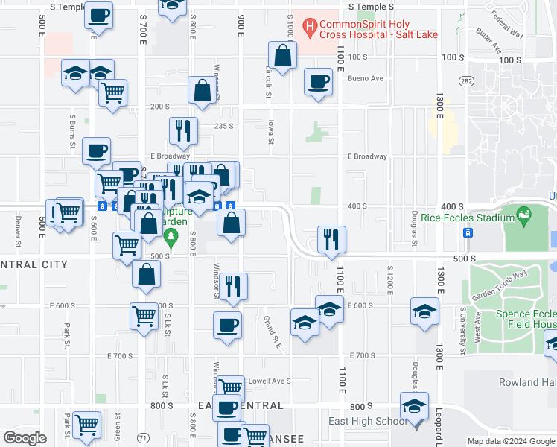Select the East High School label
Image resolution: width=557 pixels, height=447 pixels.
click(368, 422)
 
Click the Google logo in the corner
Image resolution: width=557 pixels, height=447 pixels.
click(25, 437)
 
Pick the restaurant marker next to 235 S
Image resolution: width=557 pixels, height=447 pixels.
click(183, 131)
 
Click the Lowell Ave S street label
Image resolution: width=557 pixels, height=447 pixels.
click(269, 381)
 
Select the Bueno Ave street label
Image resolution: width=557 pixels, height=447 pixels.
click(366, 78)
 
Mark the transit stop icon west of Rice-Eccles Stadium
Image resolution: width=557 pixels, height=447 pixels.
click(468, 232)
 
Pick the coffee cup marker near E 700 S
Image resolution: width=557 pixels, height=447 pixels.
click(227, 325)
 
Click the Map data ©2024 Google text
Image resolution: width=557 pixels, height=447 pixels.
click(511, 441)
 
